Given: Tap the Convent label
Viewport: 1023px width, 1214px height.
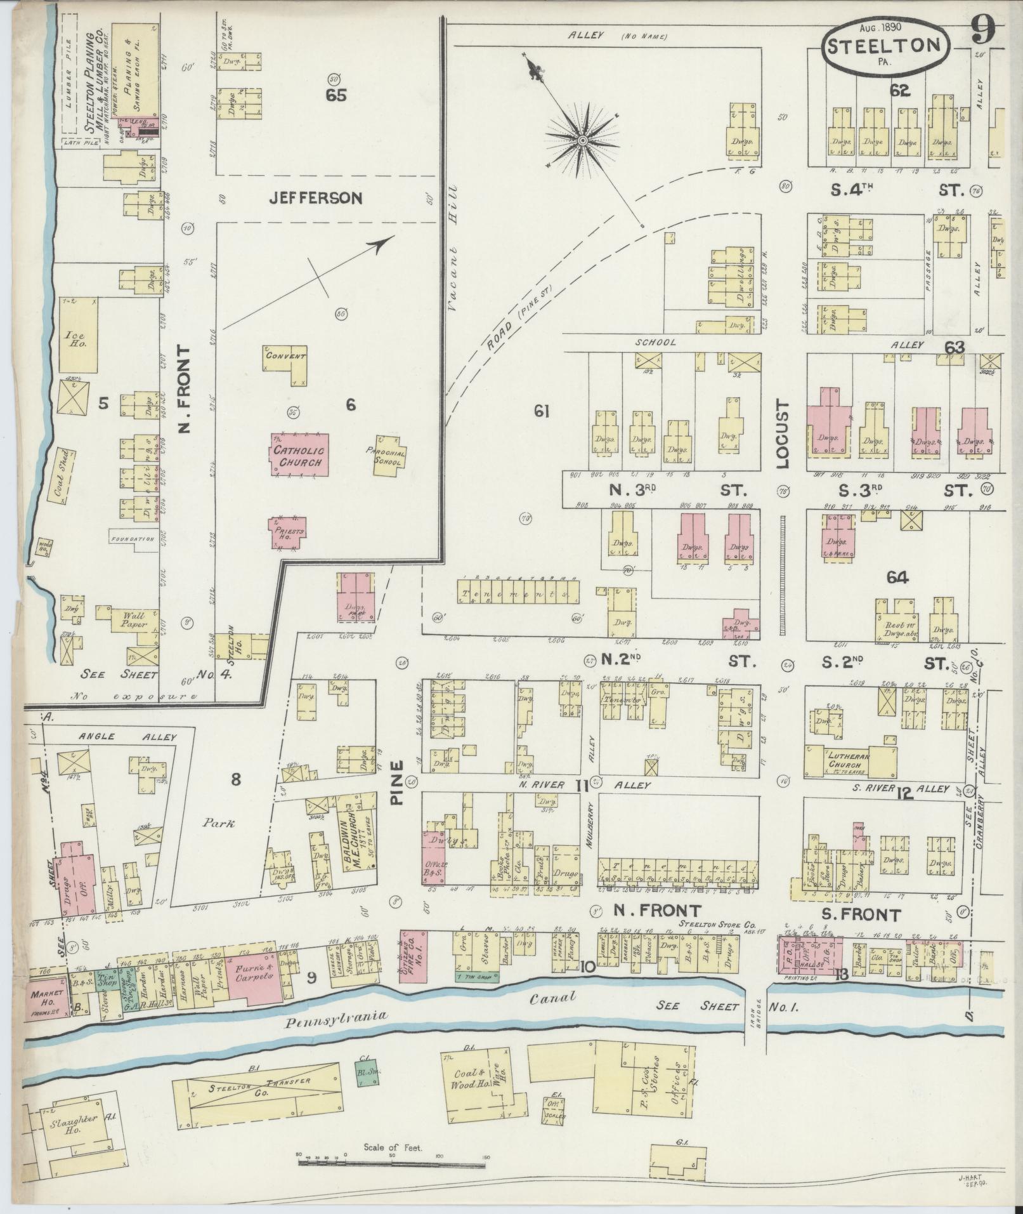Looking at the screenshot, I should pyautogui.click(x=286, y=357).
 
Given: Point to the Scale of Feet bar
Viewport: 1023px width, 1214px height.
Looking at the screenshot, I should pyautogui.click(x=391, y=1163).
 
